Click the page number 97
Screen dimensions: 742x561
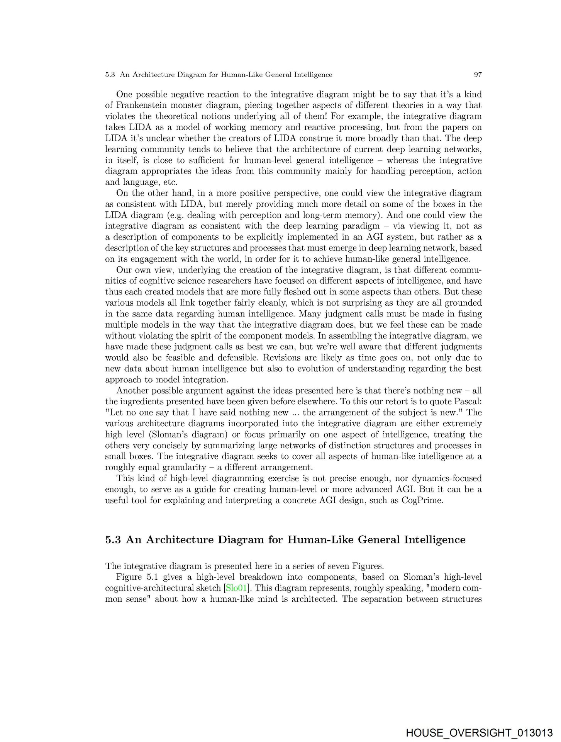[x=478, y=75]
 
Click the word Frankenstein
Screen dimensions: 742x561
[x=142, y=105]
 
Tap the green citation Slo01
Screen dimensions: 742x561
[x=236, y=588]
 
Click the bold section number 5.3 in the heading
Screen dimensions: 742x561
[x=113, y=539]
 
